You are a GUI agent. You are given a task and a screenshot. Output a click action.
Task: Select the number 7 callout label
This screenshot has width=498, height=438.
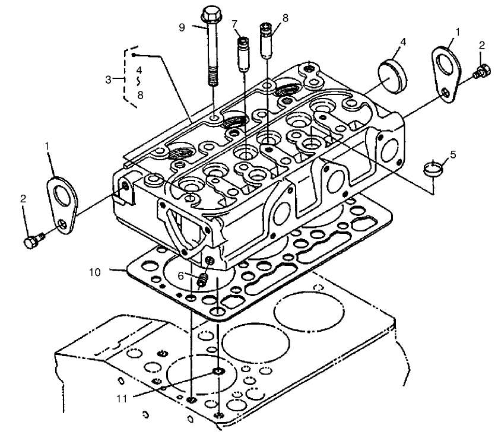[x=235, y=23]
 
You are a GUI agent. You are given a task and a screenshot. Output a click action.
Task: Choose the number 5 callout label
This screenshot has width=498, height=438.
[x=453, y=155]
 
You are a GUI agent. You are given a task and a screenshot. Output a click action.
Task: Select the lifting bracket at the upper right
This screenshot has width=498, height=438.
[x=443, y=66]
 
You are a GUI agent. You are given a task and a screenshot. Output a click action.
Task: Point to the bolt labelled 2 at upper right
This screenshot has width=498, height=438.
[x=480, y=73]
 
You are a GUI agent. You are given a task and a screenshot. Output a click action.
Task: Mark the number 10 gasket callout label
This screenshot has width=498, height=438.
[x=95, y=272]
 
